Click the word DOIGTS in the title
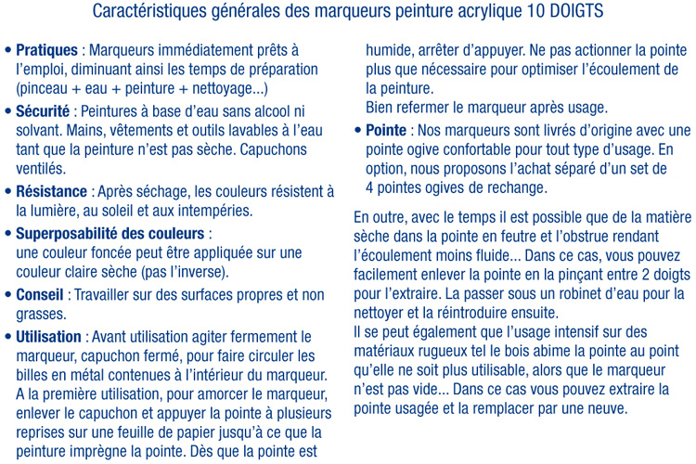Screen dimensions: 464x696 571,12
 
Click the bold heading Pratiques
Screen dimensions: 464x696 46,49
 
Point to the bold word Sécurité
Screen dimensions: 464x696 44,110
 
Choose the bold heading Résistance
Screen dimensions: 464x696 53,191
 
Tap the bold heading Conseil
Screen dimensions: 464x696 40,294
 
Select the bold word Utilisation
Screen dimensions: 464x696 50,336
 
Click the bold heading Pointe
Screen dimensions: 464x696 386,131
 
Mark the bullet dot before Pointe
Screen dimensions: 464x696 357,131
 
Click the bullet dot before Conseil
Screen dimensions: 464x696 9,294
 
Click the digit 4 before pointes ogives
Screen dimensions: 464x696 370,189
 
